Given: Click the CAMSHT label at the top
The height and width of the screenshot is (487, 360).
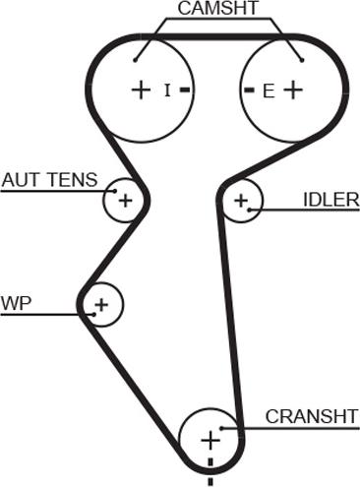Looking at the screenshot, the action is click(x=218, y=8).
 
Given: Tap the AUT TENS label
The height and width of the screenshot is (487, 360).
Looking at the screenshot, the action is click(x=50, y=180).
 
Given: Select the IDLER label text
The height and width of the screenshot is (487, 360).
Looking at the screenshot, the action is click(x=331, y=200).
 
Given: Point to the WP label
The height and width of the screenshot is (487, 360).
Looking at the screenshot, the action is click(x=16, y=303).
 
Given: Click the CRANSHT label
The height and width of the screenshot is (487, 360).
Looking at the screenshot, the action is click(x=312, y=416).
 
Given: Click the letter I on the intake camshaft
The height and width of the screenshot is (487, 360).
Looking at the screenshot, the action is click(x=167, y=91).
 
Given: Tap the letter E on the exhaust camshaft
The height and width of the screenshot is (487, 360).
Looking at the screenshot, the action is click(x=269, y=91).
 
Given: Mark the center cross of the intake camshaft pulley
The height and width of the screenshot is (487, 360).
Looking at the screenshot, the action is click(x=141, y=90).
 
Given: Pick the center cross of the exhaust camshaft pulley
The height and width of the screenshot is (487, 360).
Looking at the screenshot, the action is click(x=293, y=90).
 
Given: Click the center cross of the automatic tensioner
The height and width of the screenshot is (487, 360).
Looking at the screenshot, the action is click(x=125, y=200).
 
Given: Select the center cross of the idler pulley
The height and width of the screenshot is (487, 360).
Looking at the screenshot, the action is click(x=241, y=201).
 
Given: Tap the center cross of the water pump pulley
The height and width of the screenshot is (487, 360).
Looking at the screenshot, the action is click(x=101, y=305).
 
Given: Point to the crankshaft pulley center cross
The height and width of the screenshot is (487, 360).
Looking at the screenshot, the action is click(x=210, y=441).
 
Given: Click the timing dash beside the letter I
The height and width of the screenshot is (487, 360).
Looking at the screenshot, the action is click(x=185, y=90).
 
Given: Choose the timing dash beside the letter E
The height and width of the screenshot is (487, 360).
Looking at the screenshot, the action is click(x=250, y=90).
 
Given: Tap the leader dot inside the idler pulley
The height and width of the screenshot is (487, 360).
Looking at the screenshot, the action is click(x=250, y=210).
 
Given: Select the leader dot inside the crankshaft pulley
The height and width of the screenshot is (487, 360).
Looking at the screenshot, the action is click(x=221, y=428).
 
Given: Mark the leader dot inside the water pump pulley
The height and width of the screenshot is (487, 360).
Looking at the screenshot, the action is click(x=94, y=314).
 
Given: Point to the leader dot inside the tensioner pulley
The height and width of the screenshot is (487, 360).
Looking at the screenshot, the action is click(x=115, y=191).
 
